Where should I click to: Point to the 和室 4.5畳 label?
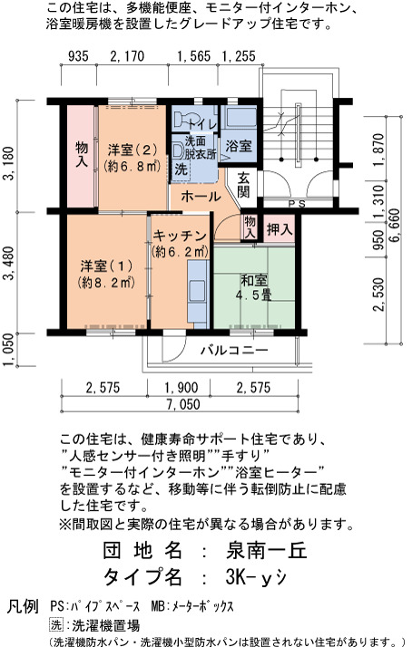(254, 287)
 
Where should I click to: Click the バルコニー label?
(234, 351)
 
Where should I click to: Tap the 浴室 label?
(239, 145)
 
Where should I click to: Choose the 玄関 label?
(243, 185)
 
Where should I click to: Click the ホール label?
(201, 197)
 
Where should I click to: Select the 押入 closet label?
(280, 229)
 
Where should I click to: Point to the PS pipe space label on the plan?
(296, 203)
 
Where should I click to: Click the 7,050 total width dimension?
(183, 404)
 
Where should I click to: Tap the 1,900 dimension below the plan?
(181, 388)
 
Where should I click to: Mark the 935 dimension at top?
(78, 56)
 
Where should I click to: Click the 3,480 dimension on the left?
(9, 264)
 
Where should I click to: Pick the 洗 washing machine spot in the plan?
(181, 169)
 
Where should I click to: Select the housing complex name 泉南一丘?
(267, 551)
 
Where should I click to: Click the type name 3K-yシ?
(256, 577)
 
